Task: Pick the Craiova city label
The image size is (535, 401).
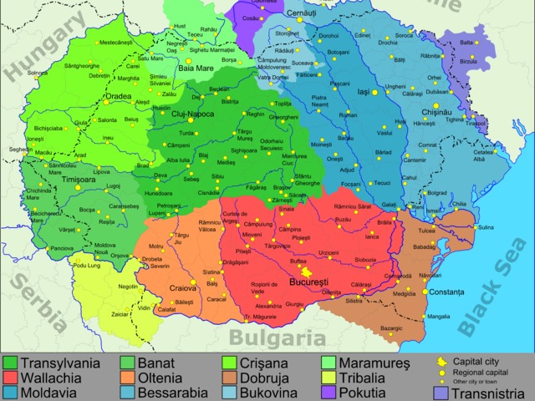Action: pyautogui.click(x=182, y=288)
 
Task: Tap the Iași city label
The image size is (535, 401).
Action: pyautogui.click(x=363, y=93)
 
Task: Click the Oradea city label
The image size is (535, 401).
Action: pyautogui.click(x=117, y=96)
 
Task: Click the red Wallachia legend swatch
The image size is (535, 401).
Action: pyautogui.click(x=11, y=378)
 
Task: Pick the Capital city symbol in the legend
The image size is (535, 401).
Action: pyautogui.click(x=442, y=362)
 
